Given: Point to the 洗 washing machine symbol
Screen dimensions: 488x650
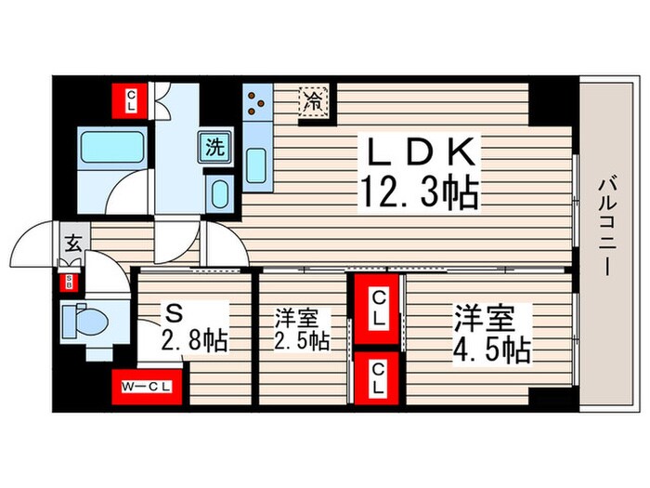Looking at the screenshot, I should pos(214,146).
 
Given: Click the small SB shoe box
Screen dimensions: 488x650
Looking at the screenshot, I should pos(68,282).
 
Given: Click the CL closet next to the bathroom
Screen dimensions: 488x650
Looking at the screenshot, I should pos(132,98).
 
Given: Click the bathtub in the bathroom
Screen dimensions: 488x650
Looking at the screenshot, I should pos(110,147).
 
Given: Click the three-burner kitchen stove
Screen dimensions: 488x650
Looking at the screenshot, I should pos(257,103).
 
